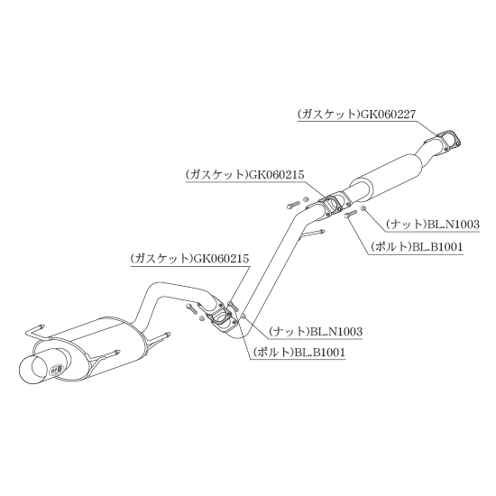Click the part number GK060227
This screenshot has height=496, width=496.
(x=388, y=115)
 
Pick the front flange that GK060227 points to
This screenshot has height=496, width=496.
(x=447, y=141)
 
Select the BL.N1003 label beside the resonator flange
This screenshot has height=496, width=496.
(x=432, y=225)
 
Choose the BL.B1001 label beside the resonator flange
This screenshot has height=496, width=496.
(x=417, y=247)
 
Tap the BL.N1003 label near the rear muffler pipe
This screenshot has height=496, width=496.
(x=316, y=332)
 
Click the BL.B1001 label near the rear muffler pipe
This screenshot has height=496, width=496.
(x=299, y=352)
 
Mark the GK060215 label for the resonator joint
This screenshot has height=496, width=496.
(x=245, y=175)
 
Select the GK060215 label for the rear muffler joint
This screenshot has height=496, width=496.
(x=189, y=259)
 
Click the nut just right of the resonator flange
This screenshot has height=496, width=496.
(x=363, y=207)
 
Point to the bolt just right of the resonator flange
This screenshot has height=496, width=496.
(x=351, y=214)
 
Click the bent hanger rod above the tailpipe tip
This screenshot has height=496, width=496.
(x=36, y=331)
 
